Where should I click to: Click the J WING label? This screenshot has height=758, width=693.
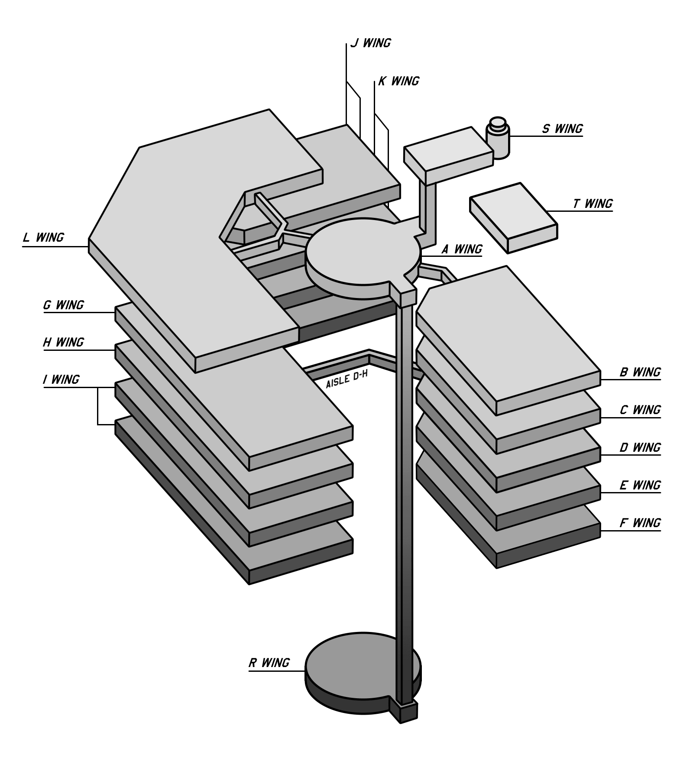[370, 43]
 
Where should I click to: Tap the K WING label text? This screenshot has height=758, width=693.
[398, 81]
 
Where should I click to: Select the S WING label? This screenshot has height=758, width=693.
[562, 129]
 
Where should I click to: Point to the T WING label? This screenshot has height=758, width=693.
[593, 204]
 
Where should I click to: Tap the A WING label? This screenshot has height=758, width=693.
[462, 249]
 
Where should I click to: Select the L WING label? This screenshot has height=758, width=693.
[43, 237]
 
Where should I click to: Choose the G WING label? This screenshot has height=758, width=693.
[63, 305]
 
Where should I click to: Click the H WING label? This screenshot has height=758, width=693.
[63, 342]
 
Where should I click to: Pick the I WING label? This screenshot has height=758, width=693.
[61, 379]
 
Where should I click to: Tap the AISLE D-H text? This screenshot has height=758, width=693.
[346, 380]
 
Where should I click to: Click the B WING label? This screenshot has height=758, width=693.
[640, 372]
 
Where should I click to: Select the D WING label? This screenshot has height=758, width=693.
[640, 447]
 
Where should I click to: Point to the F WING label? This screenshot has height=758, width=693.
[640, 523]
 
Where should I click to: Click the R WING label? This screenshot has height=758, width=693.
[269, 663]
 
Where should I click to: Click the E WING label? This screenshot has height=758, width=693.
[640, 485]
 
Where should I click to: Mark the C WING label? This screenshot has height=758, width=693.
[640, 410]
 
